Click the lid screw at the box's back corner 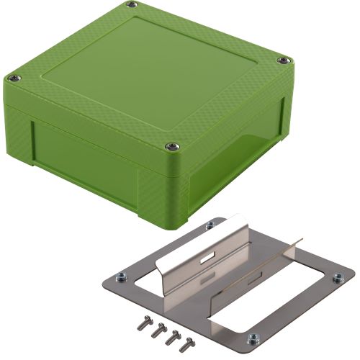(x=131, y=5)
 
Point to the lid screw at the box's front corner (x=172, y=147)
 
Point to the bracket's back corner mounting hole (x=210, y=226)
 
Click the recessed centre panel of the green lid (x=151, y=72)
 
